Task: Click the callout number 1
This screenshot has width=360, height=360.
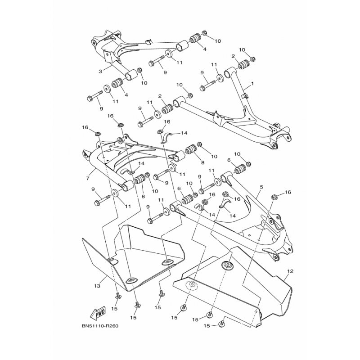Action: (252, 84)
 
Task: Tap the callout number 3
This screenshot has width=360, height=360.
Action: (100, 72)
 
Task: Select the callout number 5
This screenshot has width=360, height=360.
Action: (261, 187)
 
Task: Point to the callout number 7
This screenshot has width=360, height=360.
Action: (88, 178)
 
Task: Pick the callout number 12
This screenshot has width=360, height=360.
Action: (290, 271)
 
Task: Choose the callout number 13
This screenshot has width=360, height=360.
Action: (97, 286)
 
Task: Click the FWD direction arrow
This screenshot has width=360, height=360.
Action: (98, 313)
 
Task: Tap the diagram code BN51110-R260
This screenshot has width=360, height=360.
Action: (99, 326)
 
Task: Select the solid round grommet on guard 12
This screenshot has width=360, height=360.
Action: (227, 265)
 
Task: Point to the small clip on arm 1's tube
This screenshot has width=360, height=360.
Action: (245, 95)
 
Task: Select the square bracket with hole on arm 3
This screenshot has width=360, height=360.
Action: (108, 57)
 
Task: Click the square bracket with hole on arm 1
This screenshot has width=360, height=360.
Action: (218, 120)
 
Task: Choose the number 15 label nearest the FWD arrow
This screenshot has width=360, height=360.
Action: (114, 309)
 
